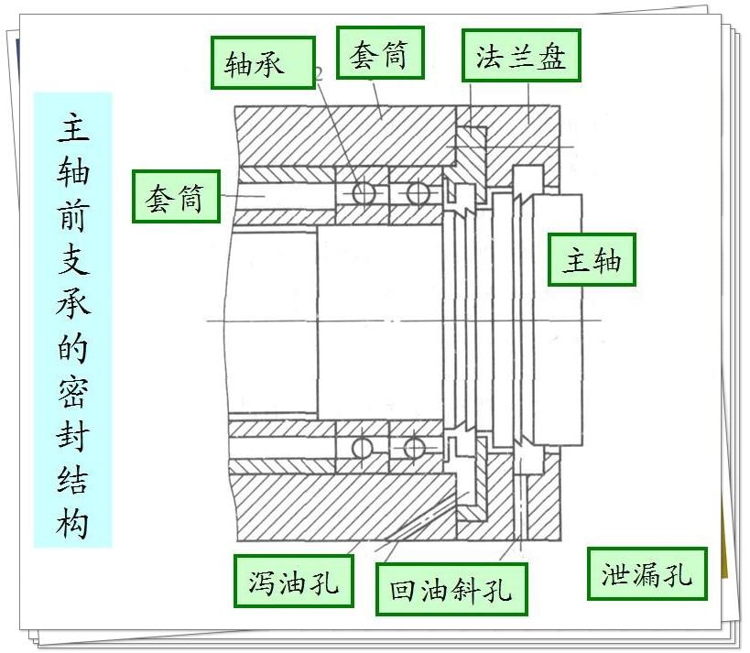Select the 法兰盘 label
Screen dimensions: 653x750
[x=521, y=58]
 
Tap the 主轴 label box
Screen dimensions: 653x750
[x=592, y=261]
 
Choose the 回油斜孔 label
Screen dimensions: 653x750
[x=451, y=589]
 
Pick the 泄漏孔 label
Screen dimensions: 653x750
[x=647, y=575]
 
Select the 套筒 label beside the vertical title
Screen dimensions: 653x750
[x=176, y=196]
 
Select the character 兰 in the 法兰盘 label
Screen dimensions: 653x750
[x=521, y=58]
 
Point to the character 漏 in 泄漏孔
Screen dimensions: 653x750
[x=647, y=575]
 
